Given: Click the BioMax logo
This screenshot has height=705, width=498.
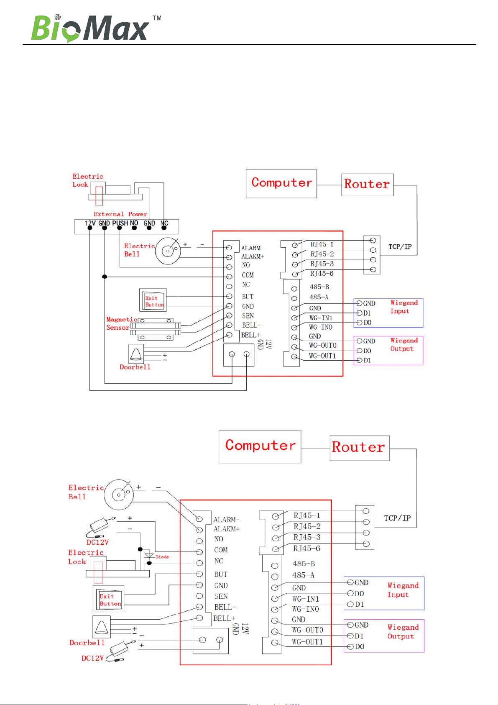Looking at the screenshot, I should (x=89, y=28).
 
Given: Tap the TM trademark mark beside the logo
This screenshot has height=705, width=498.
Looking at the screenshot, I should (x=157, y=18).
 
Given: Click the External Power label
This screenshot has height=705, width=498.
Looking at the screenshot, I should (x=120, y=214).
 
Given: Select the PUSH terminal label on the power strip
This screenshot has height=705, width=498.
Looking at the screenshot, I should (x=120, y=223).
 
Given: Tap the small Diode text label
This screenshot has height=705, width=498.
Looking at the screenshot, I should (x=162, y=557).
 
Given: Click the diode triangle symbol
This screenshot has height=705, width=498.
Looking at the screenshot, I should (x=149, y=556).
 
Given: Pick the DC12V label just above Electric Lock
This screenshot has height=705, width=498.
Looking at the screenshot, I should (x=97, y=542).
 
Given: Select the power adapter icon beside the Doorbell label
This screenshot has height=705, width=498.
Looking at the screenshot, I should (x=121, y=650).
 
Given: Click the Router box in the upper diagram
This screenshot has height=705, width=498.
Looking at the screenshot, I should (x=367, y=185).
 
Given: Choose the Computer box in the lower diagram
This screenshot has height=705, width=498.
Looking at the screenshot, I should (x=260, y=446).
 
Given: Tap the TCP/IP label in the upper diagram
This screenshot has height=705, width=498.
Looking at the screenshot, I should (x=400, y=247).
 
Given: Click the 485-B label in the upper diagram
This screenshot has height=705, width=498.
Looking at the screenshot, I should (x=319, y=287).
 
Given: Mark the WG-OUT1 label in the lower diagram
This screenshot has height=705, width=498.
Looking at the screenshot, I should (x=307, y=642).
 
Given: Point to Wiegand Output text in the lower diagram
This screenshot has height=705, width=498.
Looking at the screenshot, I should (x=403, y=632).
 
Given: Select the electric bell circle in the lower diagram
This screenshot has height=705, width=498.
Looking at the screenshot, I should (x=119, y=495).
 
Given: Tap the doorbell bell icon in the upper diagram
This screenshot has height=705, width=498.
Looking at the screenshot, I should (x=135, y=354).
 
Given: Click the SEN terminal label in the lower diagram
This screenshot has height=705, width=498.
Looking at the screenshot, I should (x=221, y=597).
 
